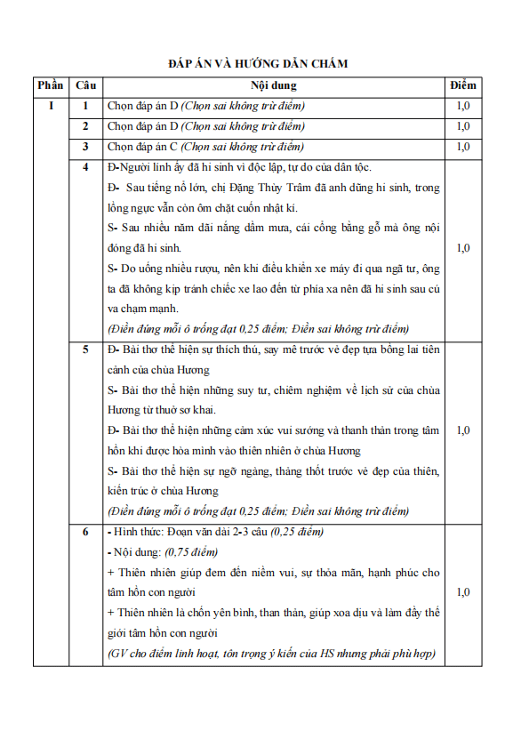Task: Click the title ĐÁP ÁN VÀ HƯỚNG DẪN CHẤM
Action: (x=258, y=64)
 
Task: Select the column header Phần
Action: (x=52, y=85)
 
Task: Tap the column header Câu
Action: (x=85, y=85)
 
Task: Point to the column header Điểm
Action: (x=463, y=85)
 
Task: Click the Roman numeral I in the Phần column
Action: (x=52, y=106)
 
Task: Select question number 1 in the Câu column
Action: (x=85, y=106)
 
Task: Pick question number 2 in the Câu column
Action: (x=85, y=126)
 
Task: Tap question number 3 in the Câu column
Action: (x=85, y=147)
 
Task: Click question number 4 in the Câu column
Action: (x=85, y=167)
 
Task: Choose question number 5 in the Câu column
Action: (x=85, y=349)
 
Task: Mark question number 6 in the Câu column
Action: (x=85, y=532)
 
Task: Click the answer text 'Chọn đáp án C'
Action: (x=141, y=147)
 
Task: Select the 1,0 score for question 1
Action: (x=463, y=106)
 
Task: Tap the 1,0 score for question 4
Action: (x=463, y=248)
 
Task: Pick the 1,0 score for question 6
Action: (x=463, y=592)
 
